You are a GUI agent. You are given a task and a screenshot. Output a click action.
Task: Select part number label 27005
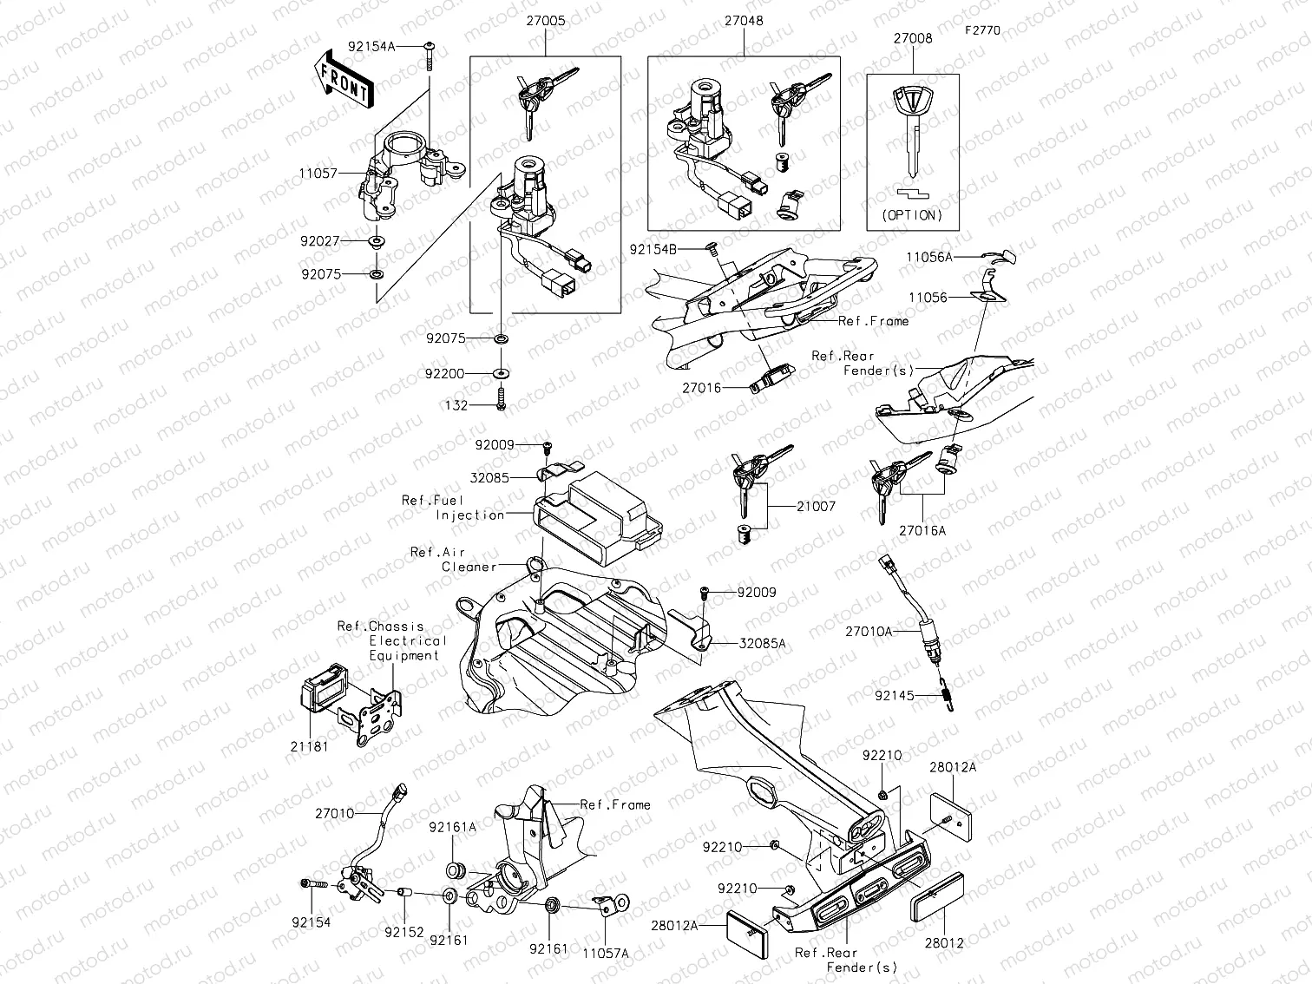545,21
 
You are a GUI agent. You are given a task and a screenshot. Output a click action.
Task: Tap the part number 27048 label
742,21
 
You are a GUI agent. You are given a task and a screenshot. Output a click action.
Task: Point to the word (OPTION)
912,214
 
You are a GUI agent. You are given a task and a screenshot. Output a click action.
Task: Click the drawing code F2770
981,30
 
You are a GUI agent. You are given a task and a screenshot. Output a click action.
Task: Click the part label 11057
318,174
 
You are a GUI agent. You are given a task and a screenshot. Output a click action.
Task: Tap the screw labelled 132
501,403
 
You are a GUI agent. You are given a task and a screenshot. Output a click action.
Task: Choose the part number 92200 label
445,373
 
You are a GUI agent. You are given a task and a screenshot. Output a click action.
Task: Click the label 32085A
762,644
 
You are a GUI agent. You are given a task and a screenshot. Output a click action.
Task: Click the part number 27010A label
868,632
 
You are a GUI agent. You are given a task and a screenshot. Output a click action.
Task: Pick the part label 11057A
605,952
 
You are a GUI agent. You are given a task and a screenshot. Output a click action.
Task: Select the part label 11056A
929,257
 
